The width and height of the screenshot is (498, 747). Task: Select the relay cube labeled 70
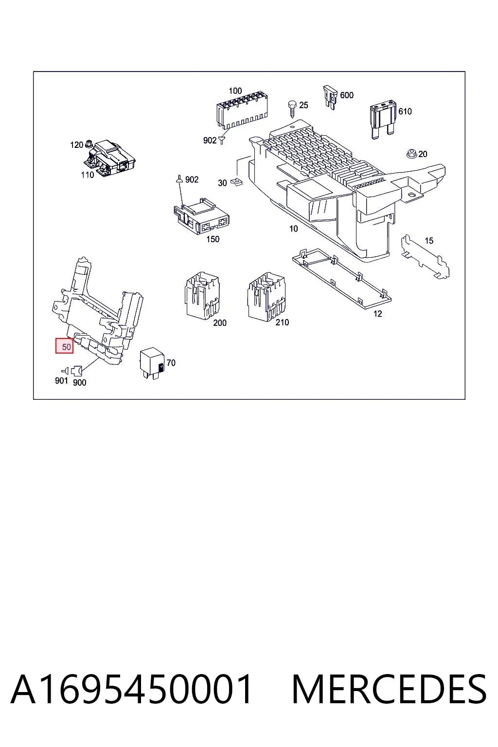[x=152, y=362]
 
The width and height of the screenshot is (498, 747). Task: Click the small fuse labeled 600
[x=330, y=97]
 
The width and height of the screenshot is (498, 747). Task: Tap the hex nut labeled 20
[x=411, y=154]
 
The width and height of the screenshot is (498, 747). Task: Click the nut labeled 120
[x=89, y=144]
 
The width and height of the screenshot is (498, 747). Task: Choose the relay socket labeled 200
[x=202, y=295]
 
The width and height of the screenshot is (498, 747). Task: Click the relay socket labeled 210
[x=266, y=297]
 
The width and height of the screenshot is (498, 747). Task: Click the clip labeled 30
[x=237, y=182]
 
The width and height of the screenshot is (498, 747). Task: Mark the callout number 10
[x=293, y=229]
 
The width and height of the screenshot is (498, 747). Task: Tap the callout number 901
[x=61, y=380]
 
